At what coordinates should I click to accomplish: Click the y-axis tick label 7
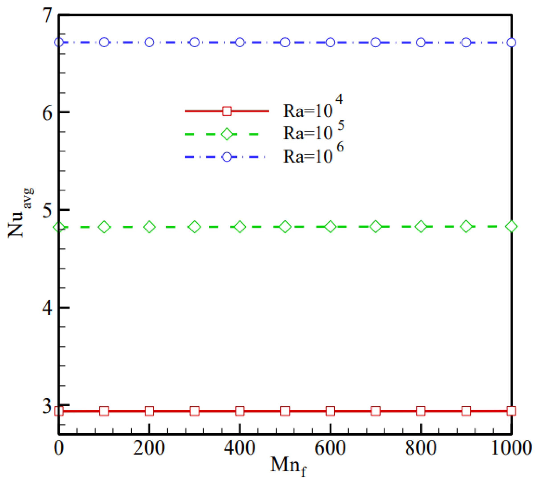48,15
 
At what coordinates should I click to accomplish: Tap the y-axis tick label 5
48,211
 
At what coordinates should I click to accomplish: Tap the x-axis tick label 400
239,448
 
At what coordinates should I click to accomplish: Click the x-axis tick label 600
330,448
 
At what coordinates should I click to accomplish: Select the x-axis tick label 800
421,448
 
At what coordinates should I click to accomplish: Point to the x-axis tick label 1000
511,448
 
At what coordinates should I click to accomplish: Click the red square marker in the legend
227,111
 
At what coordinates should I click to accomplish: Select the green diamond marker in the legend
227,134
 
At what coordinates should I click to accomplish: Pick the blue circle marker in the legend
227,157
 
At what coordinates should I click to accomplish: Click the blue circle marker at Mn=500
285,42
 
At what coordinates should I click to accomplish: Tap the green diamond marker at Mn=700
375,227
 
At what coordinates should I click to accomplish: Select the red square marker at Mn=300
195,411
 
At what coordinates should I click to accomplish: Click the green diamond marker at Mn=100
104,227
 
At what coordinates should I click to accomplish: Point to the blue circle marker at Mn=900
466,42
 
